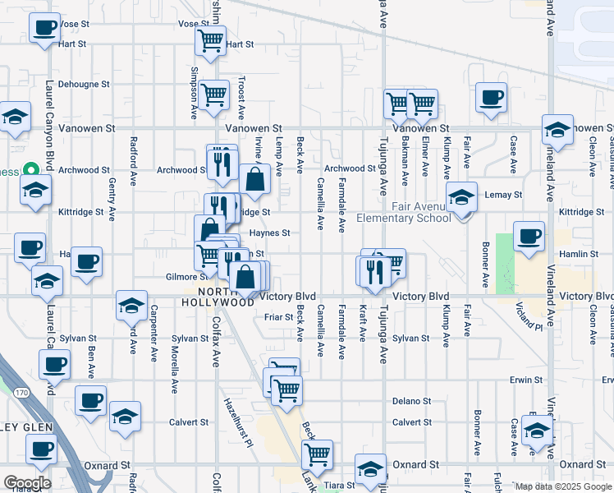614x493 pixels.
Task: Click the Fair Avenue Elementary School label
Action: point(404,212)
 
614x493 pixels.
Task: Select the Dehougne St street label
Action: point(84,85)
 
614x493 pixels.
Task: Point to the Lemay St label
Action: point(505,196)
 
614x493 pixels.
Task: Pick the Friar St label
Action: point(278,317)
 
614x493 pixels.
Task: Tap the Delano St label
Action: point(412,402)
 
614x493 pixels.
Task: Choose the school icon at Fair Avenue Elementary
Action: point(462,198)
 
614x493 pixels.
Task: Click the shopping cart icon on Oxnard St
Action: point(317,454)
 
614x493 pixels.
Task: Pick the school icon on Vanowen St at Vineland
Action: point(557,130)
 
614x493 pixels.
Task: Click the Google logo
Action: point(27,483)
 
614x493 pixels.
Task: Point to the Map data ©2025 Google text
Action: point(562,486)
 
